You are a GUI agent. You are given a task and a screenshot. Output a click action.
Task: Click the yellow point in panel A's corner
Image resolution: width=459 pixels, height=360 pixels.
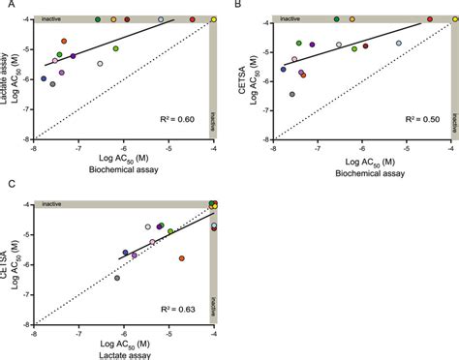(x=213, y=19)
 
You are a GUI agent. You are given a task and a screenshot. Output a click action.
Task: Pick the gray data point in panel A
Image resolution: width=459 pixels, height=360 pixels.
(x=52, y=84)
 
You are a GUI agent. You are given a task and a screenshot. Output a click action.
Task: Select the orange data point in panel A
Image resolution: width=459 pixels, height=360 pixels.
(x=64, y=42)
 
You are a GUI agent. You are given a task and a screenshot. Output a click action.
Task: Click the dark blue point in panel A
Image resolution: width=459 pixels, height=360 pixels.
(x=43, y=78)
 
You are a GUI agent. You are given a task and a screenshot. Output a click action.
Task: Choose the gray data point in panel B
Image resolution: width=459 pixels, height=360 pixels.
(x=292, y=94)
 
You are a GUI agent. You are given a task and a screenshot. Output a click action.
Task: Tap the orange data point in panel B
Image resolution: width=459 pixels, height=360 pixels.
(x=303, y=75)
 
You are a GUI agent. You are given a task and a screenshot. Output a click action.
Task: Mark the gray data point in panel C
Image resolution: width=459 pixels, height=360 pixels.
(x=117, y=279)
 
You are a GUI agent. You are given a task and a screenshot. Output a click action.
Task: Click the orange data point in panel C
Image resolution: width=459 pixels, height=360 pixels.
(x=182, y=258)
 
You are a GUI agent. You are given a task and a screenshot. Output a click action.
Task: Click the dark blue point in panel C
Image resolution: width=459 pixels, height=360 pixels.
(x=125, y=253)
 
